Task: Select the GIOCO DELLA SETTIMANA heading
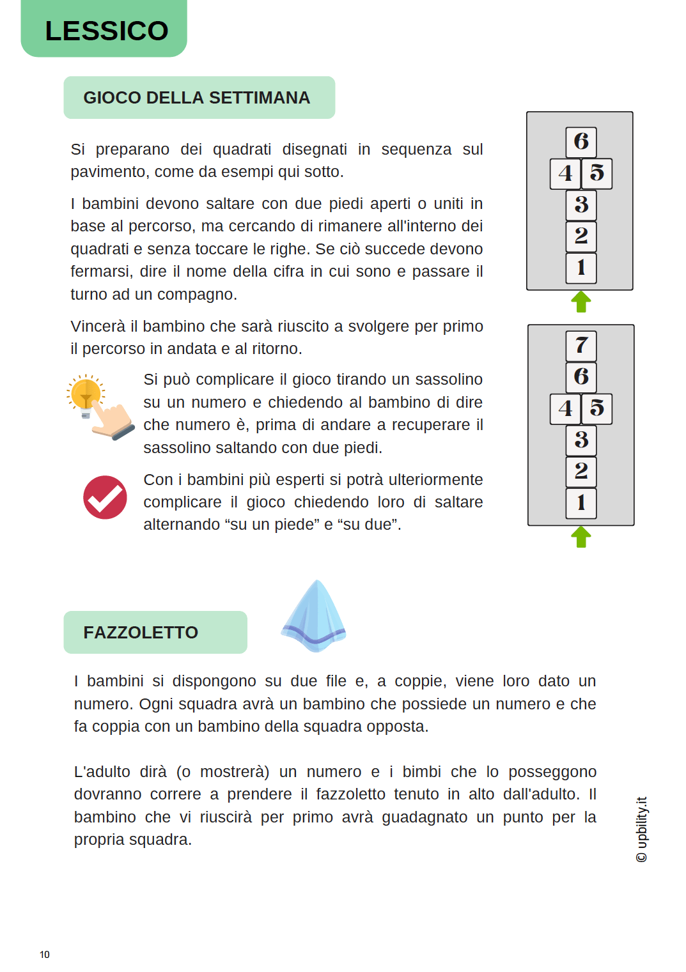click(197, 98)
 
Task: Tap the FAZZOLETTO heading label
click(141, 633)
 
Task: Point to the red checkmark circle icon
click(105, 497)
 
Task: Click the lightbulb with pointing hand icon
click(99, 406)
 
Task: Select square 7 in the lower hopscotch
click(581, 346)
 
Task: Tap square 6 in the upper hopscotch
click(581, 142)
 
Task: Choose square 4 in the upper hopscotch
click(565, 173)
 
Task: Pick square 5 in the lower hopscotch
click(597, 408)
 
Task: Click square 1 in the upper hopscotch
click(581, 268)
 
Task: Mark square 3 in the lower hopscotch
click(581, 440)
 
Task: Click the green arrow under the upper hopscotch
click(581, 302)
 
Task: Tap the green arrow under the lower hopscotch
click(581, 537)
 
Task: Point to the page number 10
click(45, 955)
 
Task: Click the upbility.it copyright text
click(642, 829)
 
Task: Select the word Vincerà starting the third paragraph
click(98, 327)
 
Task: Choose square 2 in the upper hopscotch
click(581, 236)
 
